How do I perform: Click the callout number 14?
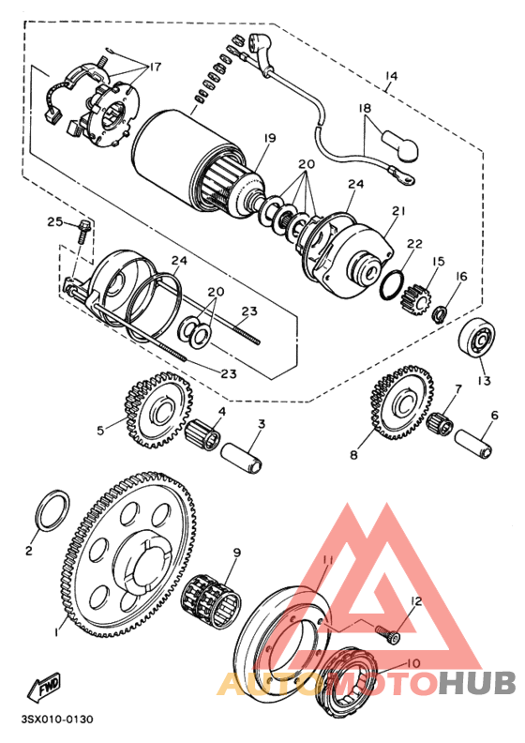point(392,75)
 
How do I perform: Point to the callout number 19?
point(269,139)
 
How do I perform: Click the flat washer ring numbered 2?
point(51,511)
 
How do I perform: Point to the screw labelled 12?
point(388,637)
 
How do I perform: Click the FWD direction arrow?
point(46,691)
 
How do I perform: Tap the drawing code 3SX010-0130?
point(55,721)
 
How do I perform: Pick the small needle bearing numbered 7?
point(440,420)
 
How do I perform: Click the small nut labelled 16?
point(438,311)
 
